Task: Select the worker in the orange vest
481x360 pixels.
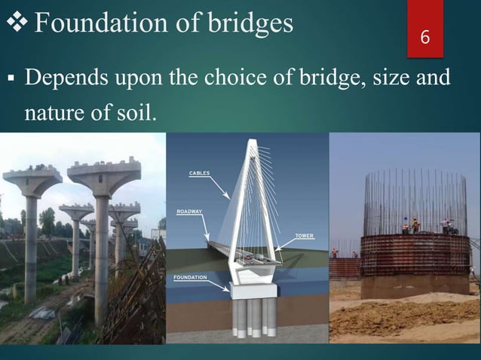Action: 415,224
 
